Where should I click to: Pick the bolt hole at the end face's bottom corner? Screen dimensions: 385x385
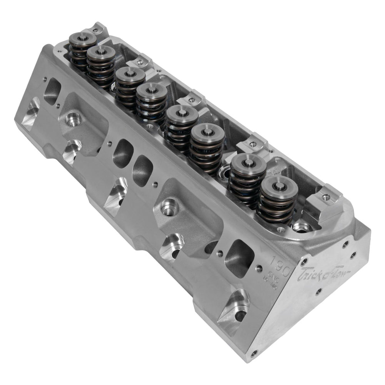(x=253, y=353)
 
